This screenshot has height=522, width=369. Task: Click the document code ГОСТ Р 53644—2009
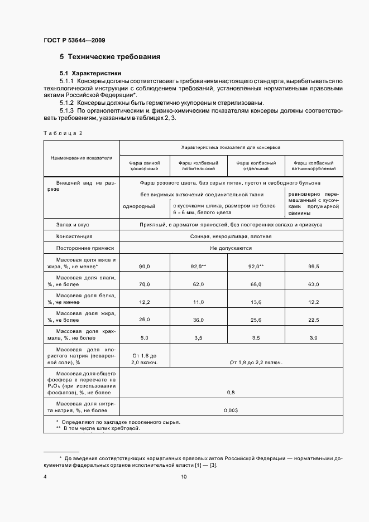[74, 41]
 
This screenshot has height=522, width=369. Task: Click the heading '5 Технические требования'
[110, 57]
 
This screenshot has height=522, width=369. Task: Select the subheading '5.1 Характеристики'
[90, 74]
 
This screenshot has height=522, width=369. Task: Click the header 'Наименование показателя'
[82, 158]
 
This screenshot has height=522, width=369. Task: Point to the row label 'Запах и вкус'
[73, 224]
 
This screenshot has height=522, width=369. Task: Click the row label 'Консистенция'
[74, 236]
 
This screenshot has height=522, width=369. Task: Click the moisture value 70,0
[145, 284]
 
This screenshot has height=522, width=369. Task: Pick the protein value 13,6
[256, 302]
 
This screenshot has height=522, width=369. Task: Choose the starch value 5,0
[145, 337]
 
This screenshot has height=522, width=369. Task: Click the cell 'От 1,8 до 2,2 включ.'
[256, 362]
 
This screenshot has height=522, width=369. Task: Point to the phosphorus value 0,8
[230, 393]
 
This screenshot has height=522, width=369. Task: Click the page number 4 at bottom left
[45, 477]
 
